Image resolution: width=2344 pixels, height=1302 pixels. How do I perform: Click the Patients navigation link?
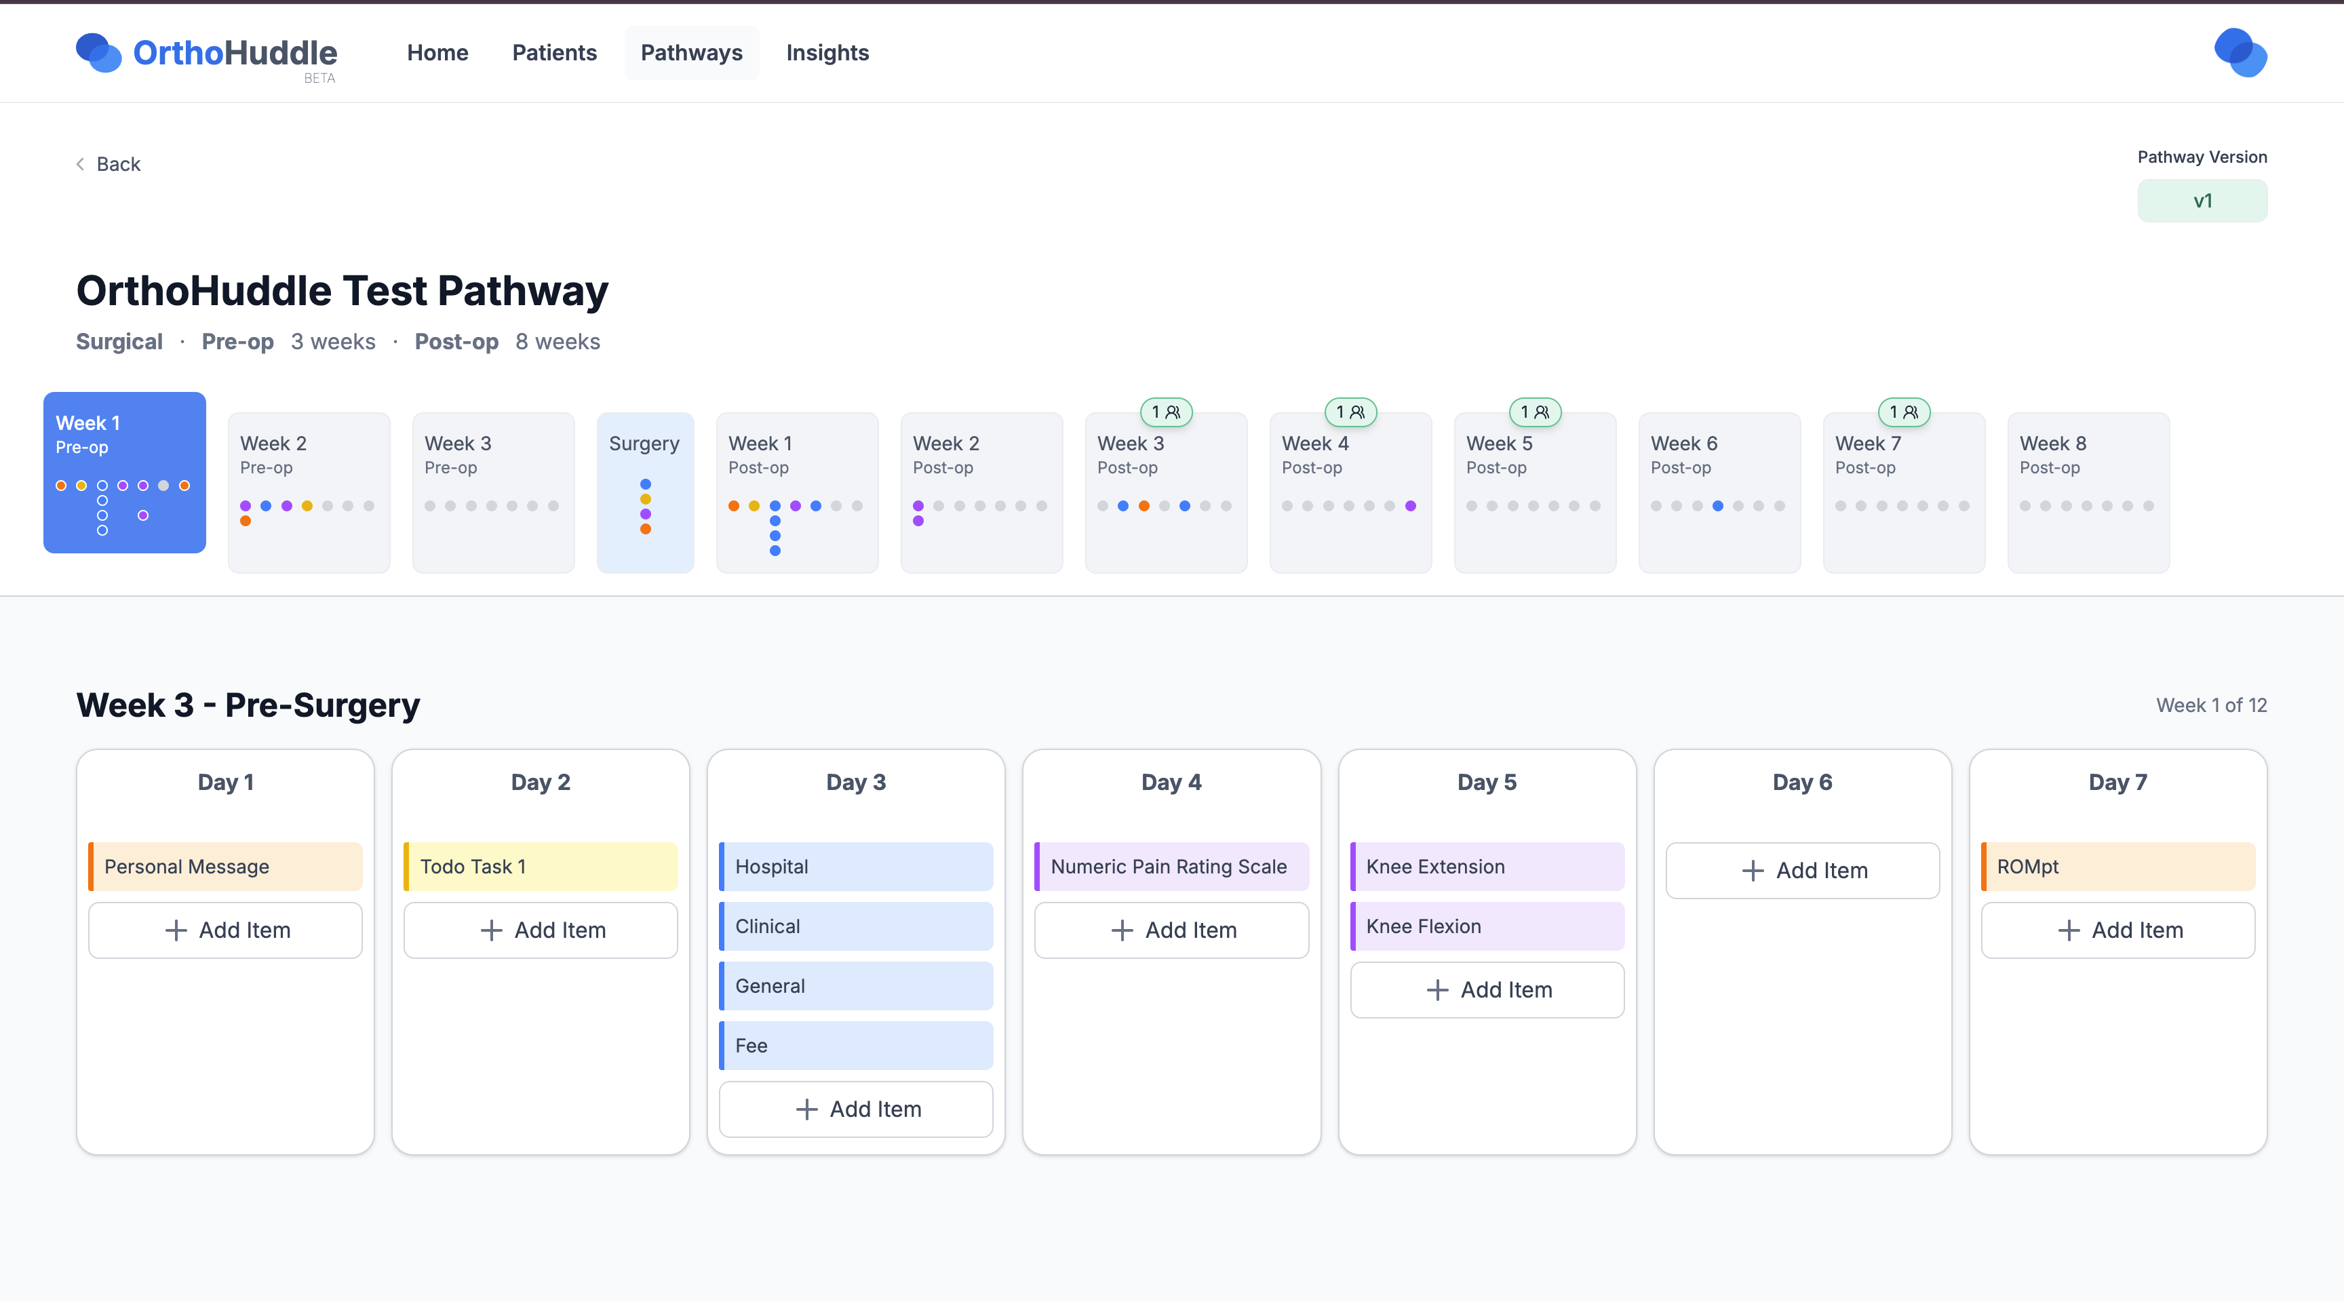click(x=554, y=53)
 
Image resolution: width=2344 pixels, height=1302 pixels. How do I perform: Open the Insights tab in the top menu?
click(x=827, y=53)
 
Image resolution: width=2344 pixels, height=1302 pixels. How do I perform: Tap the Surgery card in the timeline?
click(x=645, y=492)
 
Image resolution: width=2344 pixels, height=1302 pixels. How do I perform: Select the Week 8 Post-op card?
click(x=2088, y=492)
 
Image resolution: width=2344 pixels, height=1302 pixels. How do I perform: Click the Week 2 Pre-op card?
click(x=309, y=492)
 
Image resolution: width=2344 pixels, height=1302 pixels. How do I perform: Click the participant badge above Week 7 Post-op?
click(x=1904, y=412)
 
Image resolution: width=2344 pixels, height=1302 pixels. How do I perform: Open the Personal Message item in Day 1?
click(x=226, y=866)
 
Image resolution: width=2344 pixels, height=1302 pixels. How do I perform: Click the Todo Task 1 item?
click(x=541, y=866)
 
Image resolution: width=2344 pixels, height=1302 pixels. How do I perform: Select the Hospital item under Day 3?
click(x=856, y=866)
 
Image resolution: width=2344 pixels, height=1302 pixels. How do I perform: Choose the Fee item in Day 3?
click(x=856, y=1046)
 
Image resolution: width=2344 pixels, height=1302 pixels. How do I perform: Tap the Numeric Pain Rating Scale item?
click(x=1171, y=866)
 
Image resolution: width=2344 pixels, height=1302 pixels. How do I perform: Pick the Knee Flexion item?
click(x=1487, y=926)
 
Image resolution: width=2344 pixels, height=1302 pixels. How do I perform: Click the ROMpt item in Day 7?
click(x=2117, y=866)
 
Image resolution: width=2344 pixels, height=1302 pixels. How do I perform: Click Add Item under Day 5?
click(x=1487, y=990)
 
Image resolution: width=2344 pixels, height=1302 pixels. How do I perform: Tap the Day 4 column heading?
click(x=1171, y=783)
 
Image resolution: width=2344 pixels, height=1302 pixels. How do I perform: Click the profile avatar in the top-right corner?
click(x=2240, y=53)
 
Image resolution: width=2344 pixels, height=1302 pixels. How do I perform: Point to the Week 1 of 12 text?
click(x=2211, y=705)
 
